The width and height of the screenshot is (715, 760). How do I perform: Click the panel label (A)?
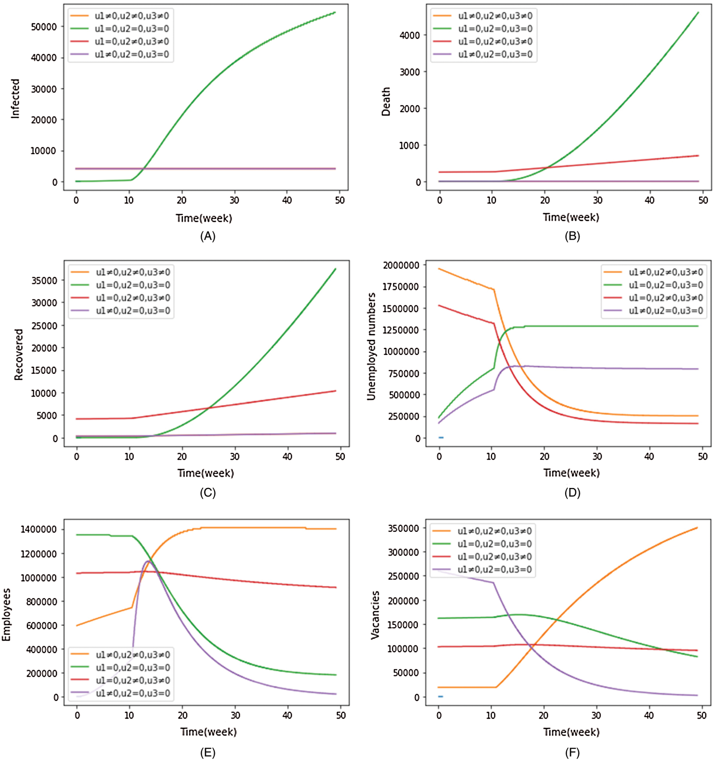(x=207, y=236)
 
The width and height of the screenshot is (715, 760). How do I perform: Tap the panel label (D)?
(x=572, y=493)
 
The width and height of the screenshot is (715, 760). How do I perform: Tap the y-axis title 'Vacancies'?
(x=375, y=615)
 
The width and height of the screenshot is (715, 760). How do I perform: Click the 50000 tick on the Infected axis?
(x=44, y=27)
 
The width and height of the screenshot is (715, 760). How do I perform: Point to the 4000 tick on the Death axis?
(x=410, y=35)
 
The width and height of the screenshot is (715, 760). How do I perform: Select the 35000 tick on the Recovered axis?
(x=44, y=280)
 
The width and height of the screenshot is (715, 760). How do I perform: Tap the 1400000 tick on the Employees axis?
(x=39, y=529)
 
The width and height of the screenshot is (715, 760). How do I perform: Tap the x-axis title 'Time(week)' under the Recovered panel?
(x=205, y=473)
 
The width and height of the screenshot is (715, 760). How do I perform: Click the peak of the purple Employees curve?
(x=148, y=561)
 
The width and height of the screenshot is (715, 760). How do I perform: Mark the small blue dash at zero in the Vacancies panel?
(x=441, y=697)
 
